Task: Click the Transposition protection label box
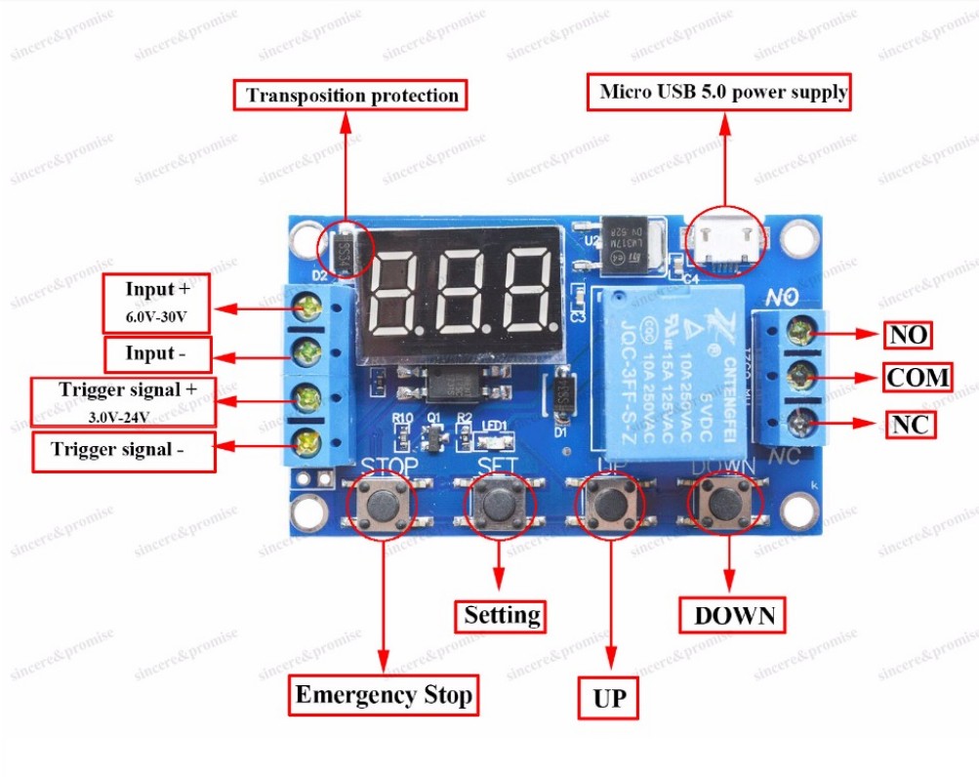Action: [351, 96]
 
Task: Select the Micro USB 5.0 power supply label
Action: [722, 93]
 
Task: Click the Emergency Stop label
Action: [384, 695]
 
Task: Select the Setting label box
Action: [502, 615]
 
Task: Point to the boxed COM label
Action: [918, 377]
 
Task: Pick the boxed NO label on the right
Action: [908, 336]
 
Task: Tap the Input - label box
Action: [156, 353]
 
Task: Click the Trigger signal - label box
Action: [123, 451]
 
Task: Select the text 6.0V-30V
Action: [156, 316]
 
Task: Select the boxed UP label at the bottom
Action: [608, 698]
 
